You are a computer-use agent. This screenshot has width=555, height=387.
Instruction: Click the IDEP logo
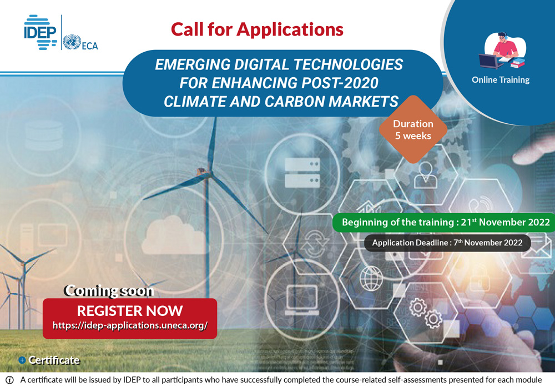click(40, 32)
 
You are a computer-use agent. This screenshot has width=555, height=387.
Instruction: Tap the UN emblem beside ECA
click(72, 42)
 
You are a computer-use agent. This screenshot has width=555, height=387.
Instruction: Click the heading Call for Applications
click(257, 29)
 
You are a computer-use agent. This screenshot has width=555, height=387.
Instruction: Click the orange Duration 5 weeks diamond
click(413, 129)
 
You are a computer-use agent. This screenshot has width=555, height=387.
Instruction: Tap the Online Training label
click(501, 80)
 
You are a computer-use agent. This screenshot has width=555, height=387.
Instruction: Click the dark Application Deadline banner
click(447, 243)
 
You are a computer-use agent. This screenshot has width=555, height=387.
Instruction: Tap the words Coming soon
click(109, 291)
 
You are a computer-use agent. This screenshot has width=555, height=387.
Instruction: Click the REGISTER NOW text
click(130, 311)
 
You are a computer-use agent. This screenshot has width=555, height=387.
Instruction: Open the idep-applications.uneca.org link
click(130, 325)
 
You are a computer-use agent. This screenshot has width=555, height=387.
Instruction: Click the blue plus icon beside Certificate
click(22, 360)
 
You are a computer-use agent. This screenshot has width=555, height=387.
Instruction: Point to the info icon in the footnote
click(9, 380)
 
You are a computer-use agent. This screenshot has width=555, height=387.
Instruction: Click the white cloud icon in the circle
click(173, 235)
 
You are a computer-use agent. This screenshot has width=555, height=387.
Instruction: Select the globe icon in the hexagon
click(371, 278)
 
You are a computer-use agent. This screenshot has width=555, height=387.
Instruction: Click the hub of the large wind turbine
click(204, 173)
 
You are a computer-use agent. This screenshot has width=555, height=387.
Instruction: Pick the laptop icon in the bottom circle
click(302, 300)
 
